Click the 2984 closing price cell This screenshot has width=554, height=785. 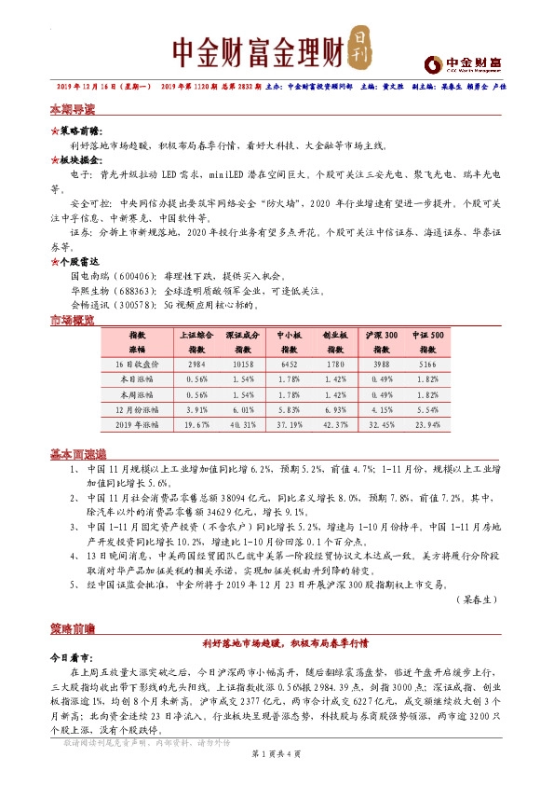pos(196,365)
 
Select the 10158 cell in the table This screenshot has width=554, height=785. pos(241,365)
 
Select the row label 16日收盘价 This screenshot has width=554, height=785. pos(137,365)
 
